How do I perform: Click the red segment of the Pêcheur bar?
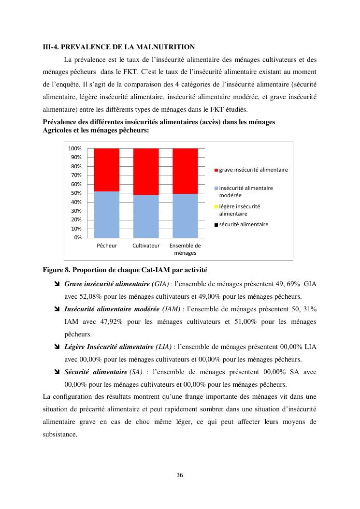[107, 170]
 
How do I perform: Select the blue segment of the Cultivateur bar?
[146, 216]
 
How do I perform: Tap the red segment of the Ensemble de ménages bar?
[185, 171]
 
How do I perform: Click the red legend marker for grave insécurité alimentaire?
[216, 170]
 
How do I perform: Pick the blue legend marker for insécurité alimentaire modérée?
[216, 188]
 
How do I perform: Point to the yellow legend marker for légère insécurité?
[216, 206]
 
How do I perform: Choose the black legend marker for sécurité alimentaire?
[216, 225]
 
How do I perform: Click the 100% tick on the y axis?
[75, 148]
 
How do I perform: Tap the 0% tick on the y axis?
[78, 237]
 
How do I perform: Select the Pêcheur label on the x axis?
[107, 246]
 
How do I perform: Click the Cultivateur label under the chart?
[146, 246]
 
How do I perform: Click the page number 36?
[180, 475]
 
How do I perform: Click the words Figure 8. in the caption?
[57, 269]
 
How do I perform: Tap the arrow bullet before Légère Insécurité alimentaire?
[58, 347]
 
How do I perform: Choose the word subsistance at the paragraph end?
[60, 434]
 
